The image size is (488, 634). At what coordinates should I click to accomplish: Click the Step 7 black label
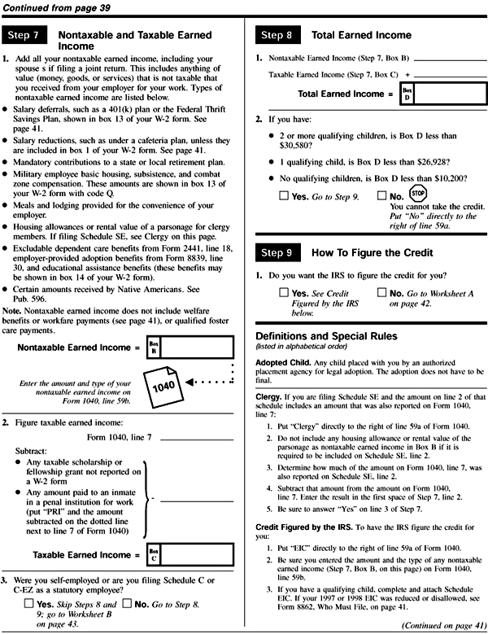(26, 36)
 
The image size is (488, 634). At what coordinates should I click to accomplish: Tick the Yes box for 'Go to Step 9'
(282, 196)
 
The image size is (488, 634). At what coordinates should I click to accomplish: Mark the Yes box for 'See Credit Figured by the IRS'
(282, 291)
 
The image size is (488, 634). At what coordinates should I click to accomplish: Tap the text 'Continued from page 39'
(54, 7)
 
